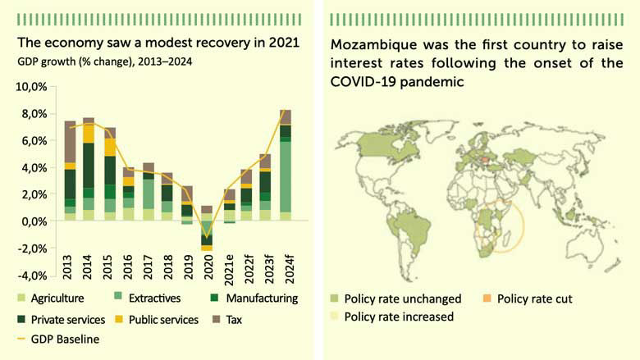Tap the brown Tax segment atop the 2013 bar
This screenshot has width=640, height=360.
coord(70,141)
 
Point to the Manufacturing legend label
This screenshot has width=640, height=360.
coord(261,298)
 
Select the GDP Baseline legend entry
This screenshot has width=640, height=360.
coord(66,339)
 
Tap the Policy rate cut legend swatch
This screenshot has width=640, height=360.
coord(485,298)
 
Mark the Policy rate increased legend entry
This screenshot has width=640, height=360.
coord(397,317)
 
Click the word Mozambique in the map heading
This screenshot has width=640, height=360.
coord(372,45)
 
